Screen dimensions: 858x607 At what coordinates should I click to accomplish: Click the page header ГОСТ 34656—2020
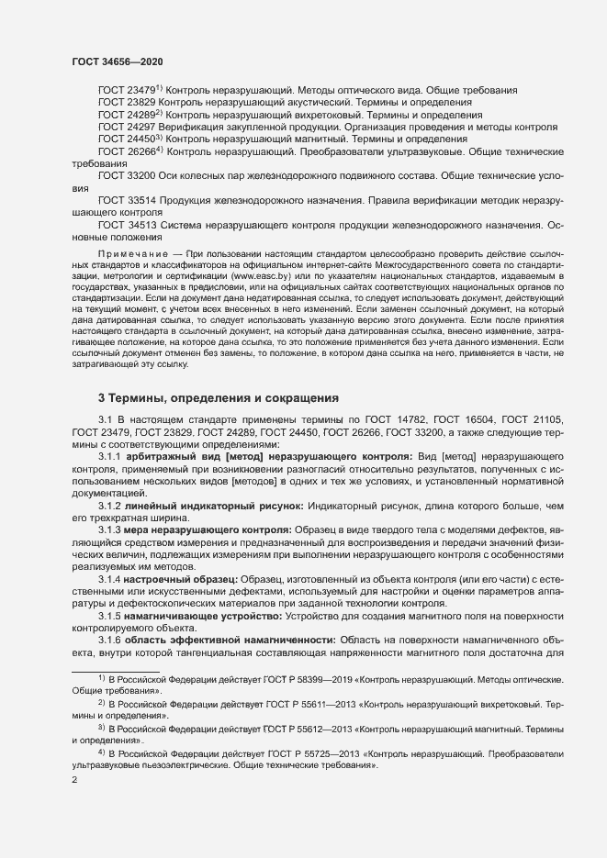pos(118,61)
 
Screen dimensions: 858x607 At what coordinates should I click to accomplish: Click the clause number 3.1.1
pos(109,454)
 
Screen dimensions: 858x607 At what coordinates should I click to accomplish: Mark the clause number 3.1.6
pos(109,638)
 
